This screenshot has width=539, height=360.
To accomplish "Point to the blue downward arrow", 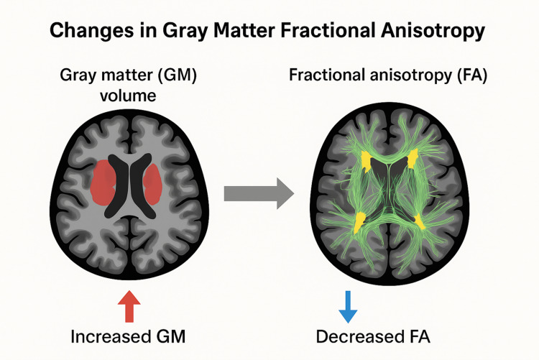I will tap(348, 305).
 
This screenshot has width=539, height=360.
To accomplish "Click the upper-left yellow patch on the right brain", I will tap(368, 161).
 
